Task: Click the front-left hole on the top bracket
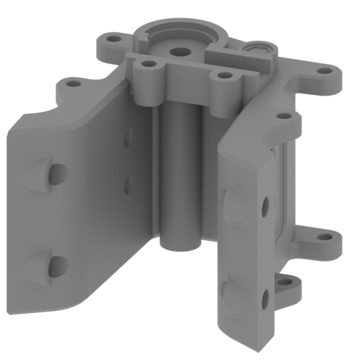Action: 148,64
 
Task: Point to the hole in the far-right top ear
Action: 324,70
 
